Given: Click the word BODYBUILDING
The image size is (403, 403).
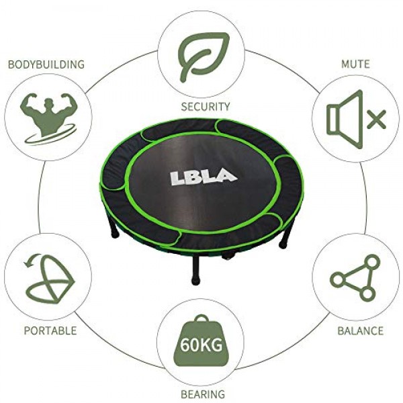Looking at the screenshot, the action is [x=46, y=64].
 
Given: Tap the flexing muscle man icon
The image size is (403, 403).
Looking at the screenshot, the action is [x=48, y=118].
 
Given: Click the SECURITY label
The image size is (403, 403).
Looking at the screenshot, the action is [x=206, y=107].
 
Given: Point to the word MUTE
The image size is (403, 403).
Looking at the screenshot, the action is [x=355, y=64].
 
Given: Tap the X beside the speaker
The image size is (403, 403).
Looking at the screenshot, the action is [x=377, y=120].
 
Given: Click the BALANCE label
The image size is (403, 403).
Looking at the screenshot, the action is [x=360, y=330].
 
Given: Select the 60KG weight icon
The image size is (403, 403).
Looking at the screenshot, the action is [x=201, y=341].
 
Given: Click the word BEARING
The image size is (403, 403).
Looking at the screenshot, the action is [x=203, y=394].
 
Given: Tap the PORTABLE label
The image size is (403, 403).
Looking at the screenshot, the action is [x=50, y=330].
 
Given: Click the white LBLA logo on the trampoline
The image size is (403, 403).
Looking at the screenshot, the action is [x=203, y=177].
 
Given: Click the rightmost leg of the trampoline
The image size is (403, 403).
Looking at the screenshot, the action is [x=285, y=238].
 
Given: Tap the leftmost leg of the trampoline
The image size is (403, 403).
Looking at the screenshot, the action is [x=115, y=229].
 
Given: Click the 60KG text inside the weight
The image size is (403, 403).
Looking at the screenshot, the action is [x=201, y=345].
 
